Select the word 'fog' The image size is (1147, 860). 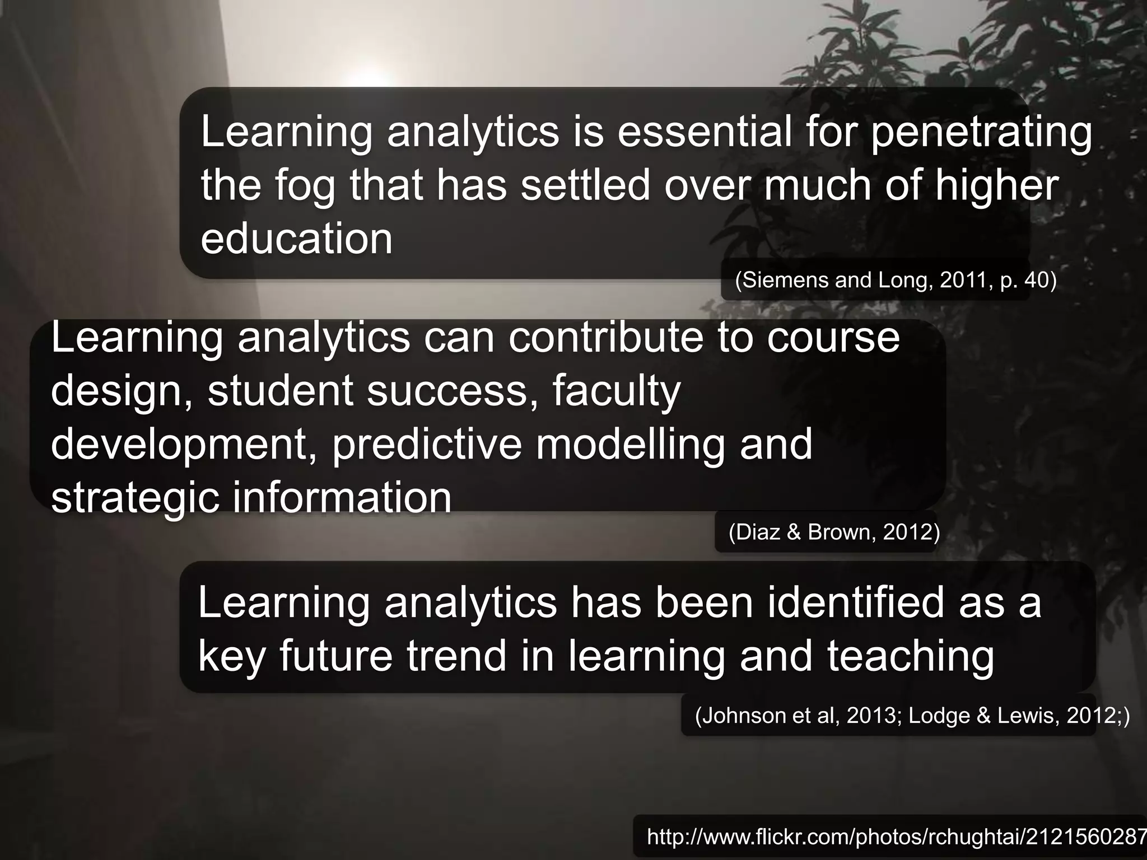point(305,186)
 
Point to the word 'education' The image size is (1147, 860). point(297,239)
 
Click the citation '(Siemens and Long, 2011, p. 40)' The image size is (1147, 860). point(896,280)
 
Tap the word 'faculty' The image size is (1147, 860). point(616,391)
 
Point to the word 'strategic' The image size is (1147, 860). point(134,497)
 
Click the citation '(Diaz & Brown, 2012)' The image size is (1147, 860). point(834,532)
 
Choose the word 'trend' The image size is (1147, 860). point(456,656)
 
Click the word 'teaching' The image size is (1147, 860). point(911,657)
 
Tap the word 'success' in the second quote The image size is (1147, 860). point(448,391)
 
